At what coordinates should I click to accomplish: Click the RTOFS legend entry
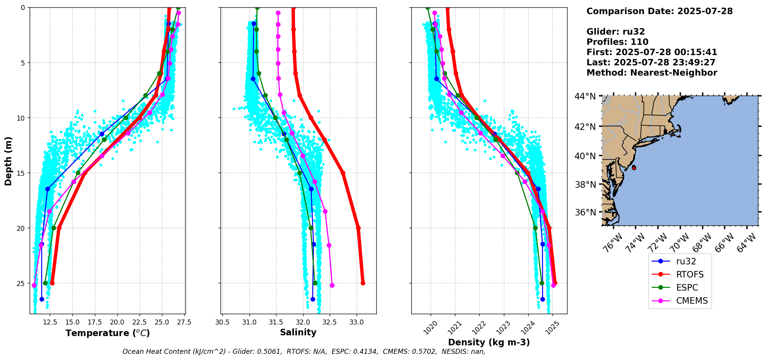click(689, 274)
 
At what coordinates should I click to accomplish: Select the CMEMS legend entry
click(692, 301)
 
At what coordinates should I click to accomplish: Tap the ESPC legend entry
click(687, 288)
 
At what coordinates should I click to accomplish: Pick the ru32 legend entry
click(686, 261)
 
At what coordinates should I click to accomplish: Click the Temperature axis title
click(108, 333)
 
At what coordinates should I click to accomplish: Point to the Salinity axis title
click(298, 332)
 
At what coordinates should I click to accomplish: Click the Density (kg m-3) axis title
click(489, 342)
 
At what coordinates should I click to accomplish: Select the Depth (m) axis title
click(8, 161)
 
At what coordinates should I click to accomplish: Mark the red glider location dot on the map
click(634, 168)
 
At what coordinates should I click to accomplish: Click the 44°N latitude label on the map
click(585, 96)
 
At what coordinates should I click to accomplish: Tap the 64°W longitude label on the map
click(746, 243)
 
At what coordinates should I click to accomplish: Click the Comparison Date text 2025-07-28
click(705, 11)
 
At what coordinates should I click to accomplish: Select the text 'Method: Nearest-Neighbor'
click(652, 73)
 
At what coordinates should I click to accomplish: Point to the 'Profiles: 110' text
click(617, 42)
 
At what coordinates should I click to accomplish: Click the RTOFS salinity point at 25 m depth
click(363, 283)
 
